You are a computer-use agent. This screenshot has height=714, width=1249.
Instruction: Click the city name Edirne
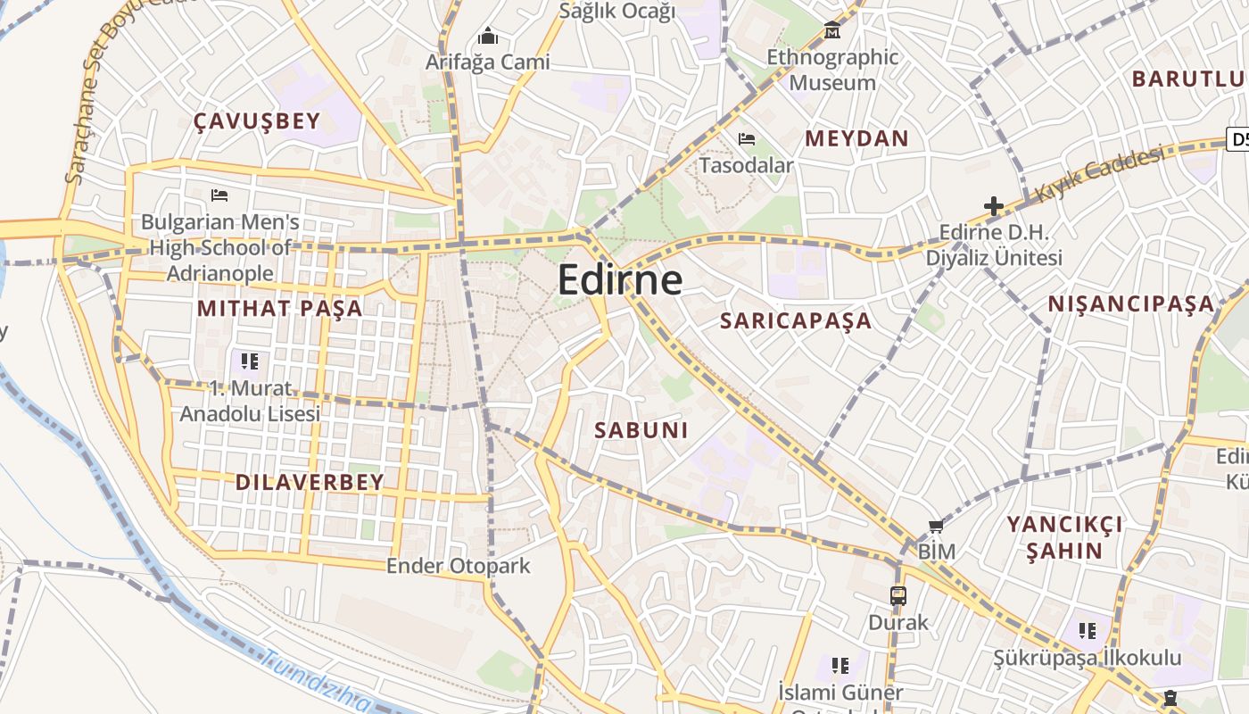click(620, 280)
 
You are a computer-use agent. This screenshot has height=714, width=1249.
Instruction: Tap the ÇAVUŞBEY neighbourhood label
click(257, 121)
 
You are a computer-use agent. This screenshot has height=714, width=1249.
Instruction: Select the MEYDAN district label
click(856, 138)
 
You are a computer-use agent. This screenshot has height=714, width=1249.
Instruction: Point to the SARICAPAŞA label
click(796, 321)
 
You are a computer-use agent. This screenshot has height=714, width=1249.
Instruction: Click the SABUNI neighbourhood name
click(641, 430)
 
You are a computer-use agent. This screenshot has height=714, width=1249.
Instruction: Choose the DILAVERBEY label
click(310, 483)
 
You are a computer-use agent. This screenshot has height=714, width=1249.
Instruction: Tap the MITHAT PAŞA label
click(279, 309)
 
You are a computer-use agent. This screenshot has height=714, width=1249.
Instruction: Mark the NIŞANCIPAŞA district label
click(1131, 304)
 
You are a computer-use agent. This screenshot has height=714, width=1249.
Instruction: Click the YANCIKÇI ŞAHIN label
click(1064, 536)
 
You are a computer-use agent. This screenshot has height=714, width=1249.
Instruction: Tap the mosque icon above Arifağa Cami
click(487, 37)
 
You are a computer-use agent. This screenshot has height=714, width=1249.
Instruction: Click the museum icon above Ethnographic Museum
click(832, 30)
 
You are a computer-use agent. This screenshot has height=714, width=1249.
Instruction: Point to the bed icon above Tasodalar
click(747, 139)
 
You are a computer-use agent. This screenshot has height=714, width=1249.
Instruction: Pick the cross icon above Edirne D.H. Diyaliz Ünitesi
click(994, 207)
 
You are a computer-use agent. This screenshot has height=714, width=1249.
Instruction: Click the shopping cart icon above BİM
click(936, 527)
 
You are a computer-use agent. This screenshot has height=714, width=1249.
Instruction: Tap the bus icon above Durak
click(898, 595)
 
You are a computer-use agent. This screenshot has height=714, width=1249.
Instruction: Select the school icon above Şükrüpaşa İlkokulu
click(1087, 631)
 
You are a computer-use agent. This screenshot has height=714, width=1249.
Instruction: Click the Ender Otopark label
click(458, 566)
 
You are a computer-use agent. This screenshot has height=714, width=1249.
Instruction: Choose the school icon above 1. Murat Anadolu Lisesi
click(250, 361)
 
